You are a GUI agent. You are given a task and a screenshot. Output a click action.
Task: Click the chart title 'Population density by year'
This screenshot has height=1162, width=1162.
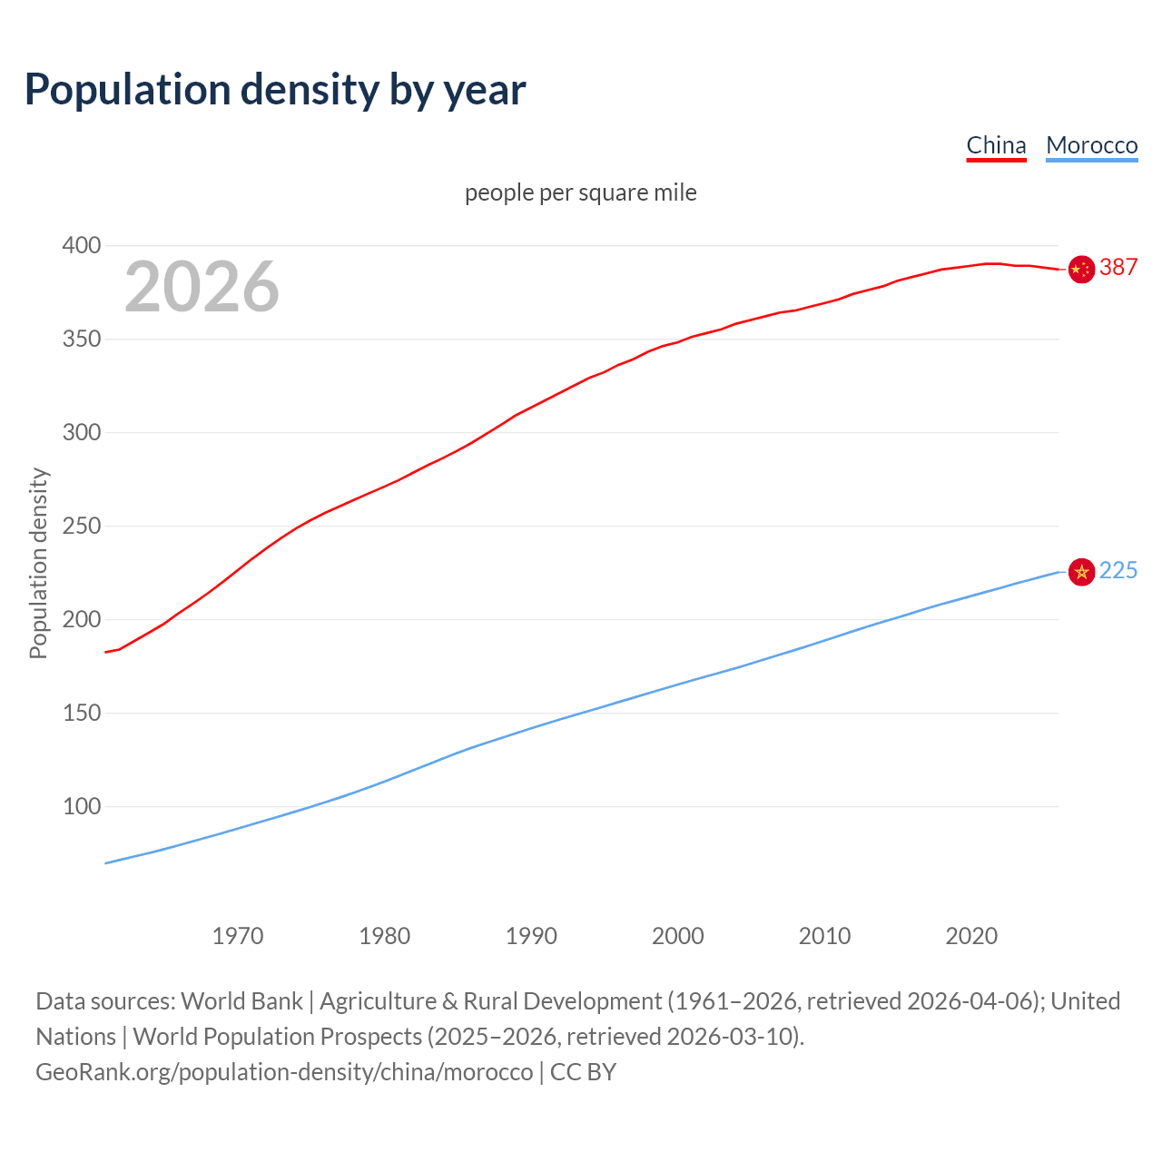[275, 89]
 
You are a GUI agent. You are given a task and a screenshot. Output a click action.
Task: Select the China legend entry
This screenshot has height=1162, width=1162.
[996, 145]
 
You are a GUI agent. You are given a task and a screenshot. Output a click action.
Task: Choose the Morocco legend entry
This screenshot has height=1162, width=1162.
[1091, 145]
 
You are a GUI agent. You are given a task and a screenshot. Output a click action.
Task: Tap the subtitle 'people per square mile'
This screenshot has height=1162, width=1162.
[580, 192]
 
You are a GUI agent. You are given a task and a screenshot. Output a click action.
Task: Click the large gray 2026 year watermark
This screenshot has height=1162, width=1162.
[202, 287]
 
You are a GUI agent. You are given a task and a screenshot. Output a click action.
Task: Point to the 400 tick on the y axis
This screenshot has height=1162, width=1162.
[82, 245]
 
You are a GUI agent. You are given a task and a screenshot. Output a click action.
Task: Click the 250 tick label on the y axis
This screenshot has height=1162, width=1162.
[82, 526]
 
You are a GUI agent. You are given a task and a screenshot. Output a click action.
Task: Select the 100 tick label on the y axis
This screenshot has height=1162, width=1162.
[82, 806]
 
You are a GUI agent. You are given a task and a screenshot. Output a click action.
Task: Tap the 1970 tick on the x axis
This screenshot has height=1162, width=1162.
[238, 935]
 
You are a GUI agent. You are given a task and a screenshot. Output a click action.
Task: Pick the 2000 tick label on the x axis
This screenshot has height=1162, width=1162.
[677, 935]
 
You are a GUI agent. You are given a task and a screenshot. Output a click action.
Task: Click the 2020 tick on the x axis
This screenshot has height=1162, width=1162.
[971, 935]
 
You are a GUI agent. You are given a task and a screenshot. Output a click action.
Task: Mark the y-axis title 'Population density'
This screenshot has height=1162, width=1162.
[38, 563]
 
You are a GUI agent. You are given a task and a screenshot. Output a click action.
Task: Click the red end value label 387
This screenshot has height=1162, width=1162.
[1118, 267]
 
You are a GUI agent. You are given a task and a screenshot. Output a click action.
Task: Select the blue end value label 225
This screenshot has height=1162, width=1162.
[1118, 570]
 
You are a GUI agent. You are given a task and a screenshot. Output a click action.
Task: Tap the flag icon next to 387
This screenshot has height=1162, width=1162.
[1081, 269]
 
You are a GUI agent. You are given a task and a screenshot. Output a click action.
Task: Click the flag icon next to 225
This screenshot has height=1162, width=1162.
[1081, 572]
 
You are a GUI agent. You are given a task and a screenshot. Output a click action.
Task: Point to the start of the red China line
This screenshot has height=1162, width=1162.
[106, 652]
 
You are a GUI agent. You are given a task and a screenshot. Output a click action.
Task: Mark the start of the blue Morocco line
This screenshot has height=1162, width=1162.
[106, 862]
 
